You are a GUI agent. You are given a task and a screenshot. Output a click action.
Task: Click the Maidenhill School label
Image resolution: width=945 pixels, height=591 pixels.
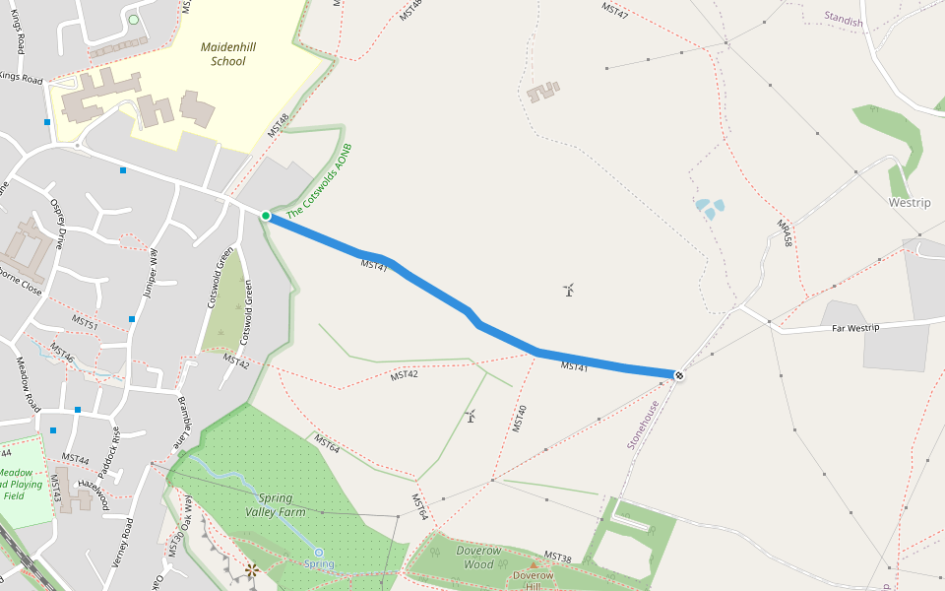point(221,53)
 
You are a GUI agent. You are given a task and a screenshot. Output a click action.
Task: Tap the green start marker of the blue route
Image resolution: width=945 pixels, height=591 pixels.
point(266,216)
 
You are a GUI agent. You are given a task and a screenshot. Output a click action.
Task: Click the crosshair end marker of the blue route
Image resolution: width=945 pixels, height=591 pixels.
point(678,374)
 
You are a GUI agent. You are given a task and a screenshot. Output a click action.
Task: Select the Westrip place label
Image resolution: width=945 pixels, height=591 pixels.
point(910,202)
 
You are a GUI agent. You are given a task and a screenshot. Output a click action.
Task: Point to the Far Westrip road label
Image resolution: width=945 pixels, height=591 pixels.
point(853,326)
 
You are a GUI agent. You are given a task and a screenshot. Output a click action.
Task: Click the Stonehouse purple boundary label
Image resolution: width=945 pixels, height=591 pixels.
point(643,425)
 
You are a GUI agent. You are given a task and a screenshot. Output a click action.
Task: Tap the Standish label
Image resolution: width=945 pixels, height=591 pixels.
point(844,21)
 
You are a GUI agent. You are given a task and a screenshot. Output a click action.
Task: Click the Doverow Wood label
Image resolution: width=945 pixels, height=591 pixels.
point(479,558)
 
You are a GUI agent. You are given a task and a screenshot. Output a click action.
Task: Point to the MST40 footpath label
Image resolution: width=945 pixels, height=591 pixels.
point(519,419)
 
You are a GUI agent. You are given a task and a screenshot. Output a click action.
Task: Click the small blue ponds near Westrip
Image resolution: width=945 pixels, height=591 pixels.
point(710,208)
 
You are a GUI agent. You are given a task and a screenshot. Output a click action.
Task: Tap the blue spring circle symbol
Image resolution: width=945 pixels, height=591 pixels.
point(319,553)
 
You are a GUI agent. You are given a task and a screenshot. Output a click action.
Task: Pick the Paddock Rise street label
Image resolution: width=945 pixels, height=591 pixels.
point(116,447)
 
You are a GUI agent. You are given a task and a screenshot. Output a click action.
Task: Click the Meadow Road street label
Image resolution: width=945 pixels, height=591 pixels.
point(27,383)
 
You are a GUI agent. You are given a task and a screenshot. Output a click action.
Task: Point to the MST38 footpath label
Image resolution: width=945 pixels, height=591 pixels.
point(557,558)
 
